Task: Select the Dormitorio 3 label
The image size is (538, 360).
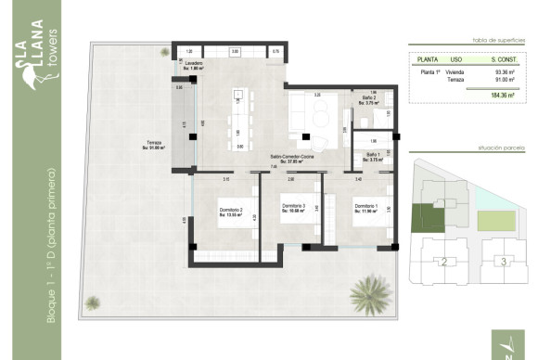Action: [x=295, y=207]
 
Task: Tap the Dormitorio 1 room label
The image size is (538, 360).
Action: [x=365, y=207]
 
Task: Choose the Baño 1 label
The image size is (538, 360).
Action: [x=371, y=156]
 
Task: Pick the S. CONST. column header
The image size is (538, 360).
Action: [x=506, y=58]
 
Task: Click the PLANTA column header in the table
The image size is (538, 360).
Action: [x=429, y=58]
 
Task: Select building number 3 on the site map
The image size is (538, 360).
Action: [x=504, y=263]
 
